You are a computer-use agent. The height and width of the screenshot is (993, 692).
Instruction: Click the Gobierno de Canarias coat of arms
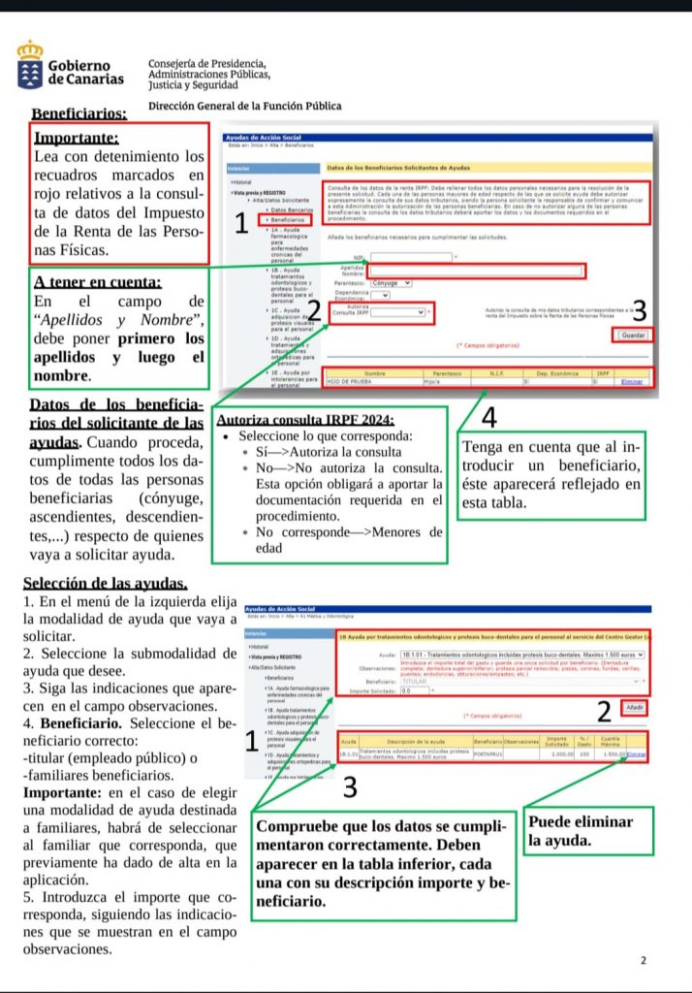pos(30,65)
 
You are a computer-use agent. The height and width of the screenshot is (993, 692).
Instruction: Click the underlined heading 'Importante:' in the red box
pos(77,138)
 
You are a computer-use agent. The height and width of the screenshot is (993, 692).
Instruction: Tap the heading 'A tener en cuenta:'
pos(97,282)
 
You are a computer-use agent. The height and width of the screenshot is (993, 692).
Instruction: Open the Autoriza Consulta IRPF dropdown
pos(398,312)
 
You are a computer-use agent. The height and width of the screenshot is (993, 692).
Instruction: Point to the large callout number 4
pos(488,418)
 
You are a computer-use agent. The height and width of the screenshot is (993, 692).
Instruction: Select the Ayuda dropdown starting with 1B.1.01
pos(521,655)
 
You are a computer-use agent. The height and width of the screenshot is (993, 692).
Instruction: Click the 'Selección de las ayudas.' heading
pos(105,583)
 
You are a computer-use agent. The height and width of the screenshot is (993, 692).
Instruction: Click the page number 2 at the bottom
pos(643,960)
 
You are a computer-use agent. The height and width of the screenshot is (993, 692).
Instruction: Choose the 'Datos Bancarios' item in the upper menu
pos(289,209)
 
